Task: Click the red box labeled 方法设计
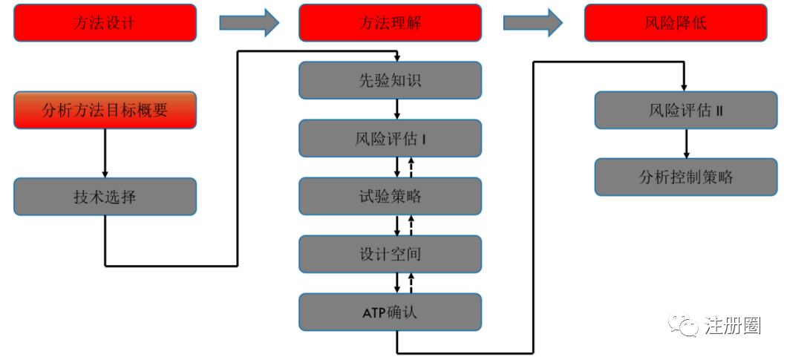point(105,23)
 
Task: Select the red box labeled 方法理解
point(390,23)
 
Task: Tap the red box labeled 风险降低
point(676,23)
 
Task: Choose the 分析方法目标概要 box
point(105,111)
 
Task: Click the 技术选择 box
point(105,197)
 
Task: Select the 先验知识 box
point(390,80)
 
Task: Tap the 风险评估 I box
point(390,138)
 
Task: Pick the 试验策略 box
point(390,196)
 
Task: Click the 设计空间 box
point(390,254)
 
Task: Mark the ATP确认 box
point(390,312)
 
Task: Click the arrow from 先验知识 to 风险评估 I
point(397,109)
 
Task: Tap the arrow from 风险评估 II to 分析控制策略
point(686,144)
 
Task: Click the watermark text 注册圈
point(733,325)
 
